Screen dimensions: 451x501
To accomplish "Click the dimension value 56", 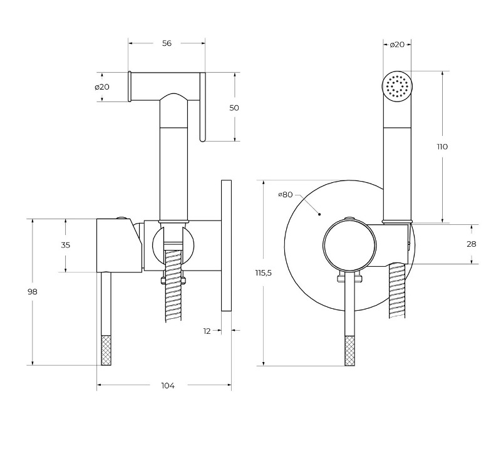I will click(x=167, y=43).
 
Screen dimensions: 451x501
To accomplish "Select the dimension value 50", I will click(x=234, y=108).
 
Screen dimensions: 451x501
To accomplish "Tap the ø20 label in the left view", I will click(x=103, y=87).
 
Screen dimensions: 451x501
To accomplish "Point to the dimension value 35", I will click(x=65, y=245).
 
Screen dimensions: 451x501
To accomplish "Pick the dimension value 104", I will click(x=167, y=385).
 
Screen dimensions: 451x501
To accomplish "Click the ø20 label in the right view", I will click(x=397, y=44).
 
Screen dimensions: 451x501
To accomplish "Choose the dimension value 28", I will click(x=472, y=244).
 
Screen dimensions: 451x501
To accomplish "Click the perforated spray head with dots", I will click(x=398, y=86).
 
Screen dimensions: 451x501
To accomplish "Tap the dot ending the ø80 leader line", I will click(x=319, y=214).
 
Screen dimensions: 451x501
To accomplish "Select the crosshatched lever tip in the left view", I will click(x=106, y=350).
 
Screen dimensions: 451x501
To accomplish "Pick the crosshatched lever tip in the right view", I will click(x=349, y=351).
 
